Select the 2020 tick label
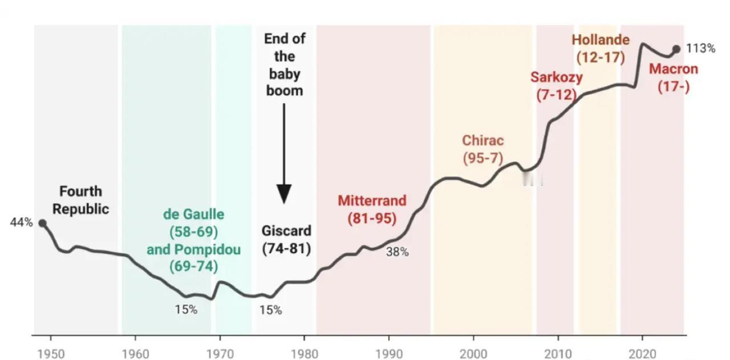tap(643, 353)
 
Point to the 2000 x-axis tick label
tap(473, 353)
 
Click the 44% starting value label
tap(21, 223)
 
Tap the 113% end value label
tap(700, 48)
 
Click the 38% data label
tap(397, 252)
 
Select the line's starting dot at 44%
tap(42, 223)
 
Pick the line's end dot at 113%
tap(676, 49)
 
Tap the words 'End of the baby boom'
tap(284, 64)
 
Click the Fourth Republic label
tap(80, 200)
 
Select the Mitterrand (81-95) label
tap(372, 209)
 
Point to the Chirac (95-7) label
tap(482, 149)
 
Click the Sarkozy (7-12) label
tap(556, 86)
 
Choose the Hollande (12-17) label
tap(601, 48)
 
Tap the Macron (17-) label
tap(674, 78)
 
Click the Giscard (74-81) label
tap(286, 240)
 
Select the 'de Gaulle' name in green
tap(193, 215)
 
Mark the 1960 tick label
tap(136, 353)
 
